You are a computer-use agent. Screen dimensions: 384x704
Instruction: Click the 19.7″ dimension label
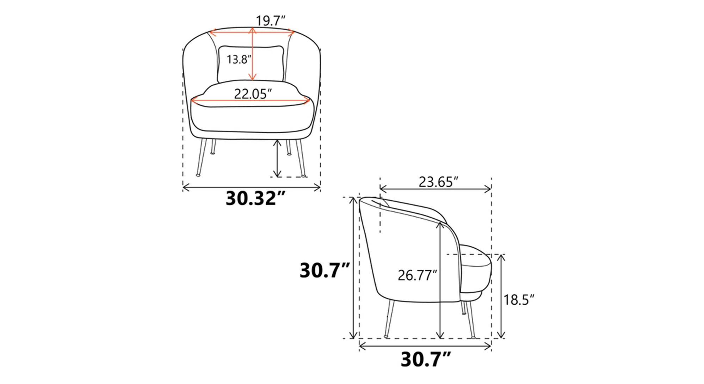coord(270,21)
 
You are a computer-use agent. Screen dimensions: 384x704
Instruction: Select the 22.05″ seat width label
coord(253,94)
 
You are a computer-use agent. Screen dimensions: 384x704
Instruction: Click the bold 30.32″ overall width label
coord(255,199)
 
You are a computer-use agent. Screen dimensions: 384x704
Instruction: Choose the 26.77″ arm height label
coord(417,275)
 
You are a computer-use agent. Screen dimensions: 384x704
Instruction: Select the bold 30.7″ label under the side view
coord(426,360)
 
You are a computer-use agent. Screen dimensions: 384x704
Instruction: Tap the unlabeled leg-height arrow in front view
coord(278,159)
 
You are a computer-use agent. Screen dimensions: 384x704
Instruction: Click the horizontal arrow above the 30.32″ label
coord(252,187)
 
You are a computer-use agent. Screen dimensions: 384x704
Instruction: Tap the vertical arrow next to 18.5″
coord(501,296)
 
